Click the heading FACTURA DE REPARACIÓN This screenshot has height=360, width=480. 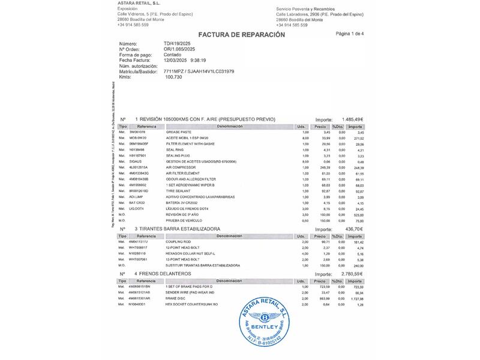[x=241, y=35]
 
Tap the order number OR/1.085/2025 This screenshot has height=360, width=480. [x=179, y=49]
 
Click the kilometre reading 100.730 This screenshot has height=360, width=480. [x=173, y=77]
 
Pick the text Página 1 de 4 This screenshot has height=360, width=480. [x=350, y=34]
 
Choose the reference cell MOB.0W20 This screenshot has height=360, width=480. [x=137, y=138]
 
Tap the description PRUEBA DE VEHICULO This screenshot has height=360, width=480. [x=185, y=220]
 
